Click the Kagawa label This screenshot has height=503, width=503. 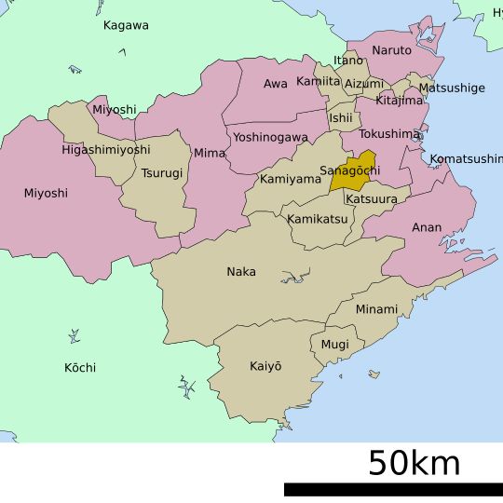point(126,25)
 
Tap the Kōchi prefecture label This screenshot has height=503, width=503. point(80,368)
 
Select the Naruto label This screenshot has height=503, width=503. point(391,50)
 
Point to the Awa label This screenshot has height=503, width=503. point(276,84)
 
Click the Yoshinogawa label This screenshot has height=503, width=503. point(270,137)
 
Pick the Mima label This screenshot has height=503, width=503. point(210,153)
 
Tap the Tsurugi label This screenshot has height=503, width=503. point(162,173)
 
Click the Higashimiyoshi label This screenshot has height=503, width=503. point(105,149)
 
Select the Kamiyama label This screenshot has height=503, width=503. point(290,179)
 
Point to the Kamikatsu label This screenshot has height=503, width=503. point(318,219)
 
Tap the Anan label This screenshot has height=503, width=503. point(427,227)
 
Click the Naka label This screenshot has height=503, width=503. point(241,272)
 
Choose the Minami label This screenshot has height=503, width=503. point(376,308)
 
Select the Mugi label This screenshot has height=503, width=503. point(335,345)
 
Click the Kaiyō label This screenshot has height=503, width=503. point(265,366)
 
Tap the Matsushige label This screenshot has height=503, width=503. point(452,88)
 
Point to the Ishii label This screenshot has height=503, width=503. point(341,118)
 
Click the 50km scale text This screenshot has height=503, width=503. point(414,463)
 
